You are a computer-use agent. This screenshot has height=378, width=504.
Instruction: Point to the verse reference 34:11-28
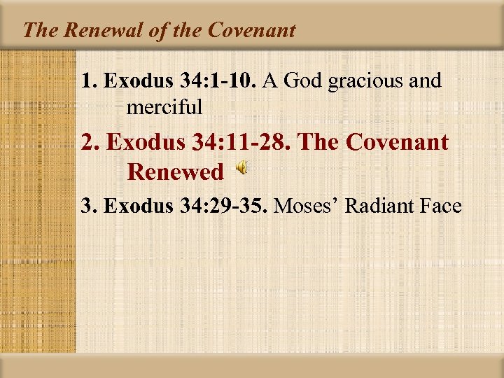[x=255, y=143]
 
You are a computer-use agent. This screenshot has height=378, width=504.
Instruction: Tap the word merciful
[x=164, y=107]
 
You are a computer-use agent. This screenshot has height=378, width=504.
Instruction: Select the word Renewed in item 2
[x=176, y=171]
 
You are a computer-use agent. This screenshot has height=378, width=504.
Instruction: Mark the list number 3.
[x=87, y=206]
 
